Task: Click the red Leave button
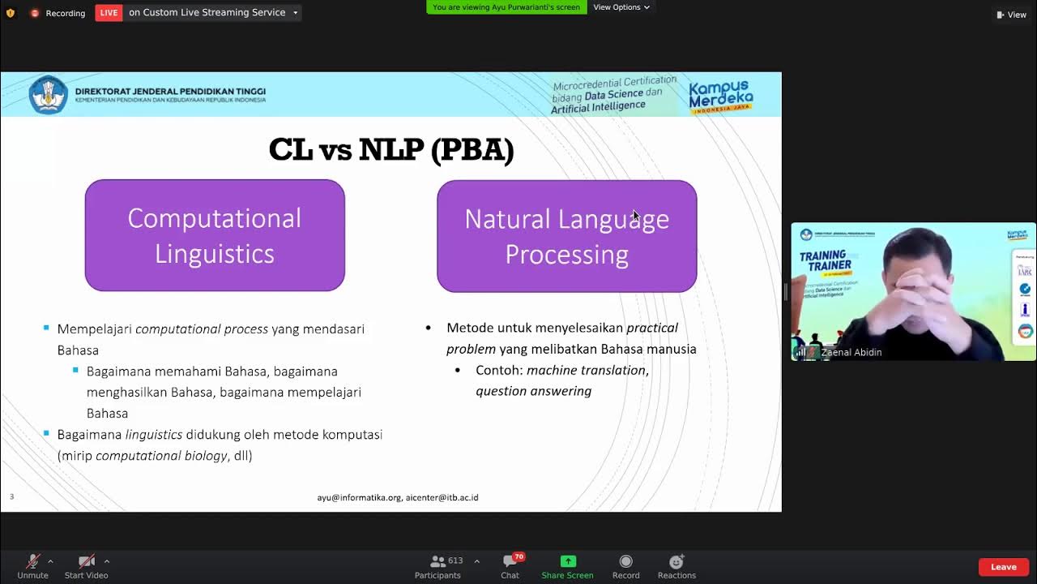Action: click(1003, 567)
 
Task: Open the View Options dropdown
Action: click(621, 7)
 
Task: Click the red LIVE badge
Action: click(109, 12)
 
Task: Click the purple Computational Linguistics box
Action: click(215, 235)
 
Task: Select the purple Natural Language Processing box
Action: click(566, 236)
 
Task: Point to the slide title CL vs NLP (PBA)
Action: click(391, 150)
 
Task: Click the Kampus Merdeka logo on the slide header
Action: click(720, 96)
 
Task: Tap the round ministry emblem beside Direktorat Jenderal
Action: click(48, 94)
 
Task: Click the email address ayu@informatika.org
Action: click(359, 497)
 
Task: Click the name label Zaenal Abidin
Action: click(851, 352)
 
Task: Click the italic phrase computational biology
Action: click(161, 456)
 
